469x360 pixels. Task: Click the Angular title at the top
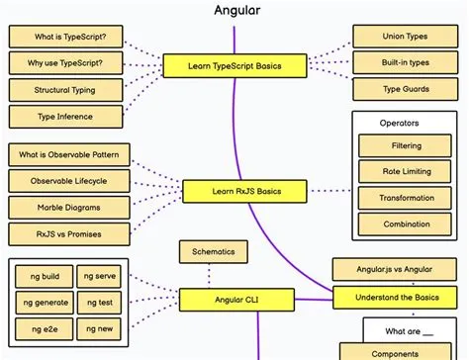click(234, 11)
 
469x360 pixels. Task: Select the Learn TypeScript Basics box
click(234, 67)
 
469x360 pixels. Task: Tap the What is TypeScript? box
click(64, 38)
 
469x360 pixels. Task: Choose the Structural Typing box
click(64, 90)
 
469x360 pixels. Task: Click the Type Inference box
click(64, 117)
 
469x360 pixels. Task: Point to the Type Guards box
click(405, 90)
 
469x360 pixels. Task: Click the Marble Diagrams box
click(64, 208)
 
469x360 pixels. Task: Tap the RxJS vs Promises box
click(64, 234)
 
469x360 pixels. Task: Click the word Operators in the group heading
click(400, 124)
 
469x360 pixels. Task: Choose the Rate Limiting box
click(407, 172)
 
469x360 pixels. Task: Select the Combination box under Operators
click(407, 225)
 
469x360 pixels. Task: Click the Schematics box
click(214, 251)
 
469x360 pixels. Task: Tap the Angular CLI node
click(234, 298)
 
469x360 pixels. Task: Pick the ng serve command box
click(100, 277)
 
